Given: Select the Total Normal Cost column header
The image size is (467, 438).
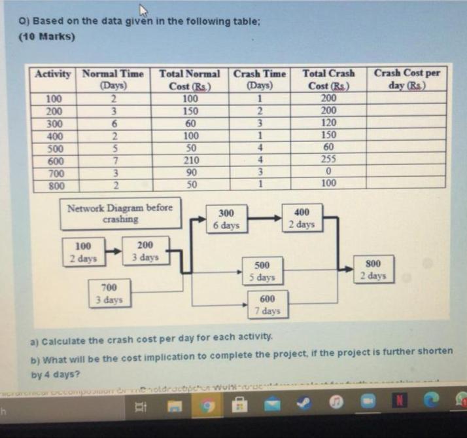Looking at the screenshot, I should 189,79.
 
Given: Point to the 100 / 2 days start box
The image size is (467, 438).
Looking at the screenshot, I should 83,253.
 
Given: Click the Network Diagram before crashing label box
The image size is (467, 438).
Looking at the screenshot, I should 120,213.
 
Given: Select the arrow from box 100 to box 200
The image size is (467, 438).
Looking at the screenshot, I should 112,250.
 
